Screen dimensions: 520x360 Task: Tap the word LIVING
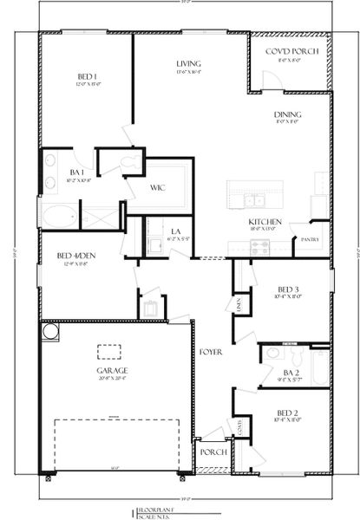point(188,64)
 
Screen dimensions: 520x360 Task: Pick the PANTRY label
point(310,239)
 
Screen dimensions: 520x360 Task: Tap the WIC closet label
point(157,186)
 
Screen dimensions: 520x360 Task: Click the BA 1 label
point(75,172)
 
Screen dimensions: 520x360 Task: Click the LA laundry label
point(174,230)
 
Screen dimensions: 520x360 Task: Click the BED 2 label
point(288,413)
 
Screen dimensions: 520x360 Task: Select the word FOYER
point(208,352)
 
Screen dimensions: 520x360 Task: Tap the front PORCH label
point(213,452)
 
